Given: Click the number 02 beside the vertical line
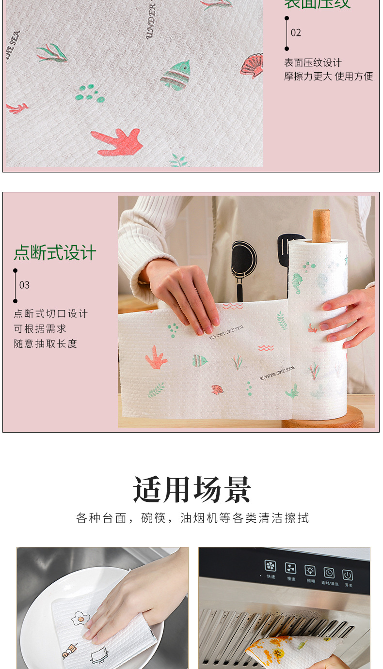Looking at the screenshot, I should click(x=296, y=33).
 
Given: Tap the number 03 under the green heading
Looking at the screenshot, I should click(x=24, y=285).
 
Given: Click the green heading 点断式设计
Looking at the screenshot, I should click(x=55, y=253).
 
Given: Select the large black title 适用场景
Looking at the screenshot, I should click(x=192, y=490).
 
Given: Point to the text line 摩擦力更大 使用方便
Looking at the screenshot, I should click(x=328, y=76).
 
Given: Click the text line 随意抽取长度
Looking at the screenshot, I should click(x=45, y=343).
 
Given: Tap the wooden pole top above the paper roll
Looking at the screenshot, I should click(x=321, y=225).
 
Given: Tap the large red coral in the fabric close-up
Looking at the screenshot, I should click(x=119, y=142).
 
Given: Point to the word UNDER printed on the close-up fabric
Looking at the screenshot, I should click(x=150, y=21).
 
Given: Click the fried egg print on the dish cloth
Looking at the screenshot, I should click(x=80, y=619).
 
